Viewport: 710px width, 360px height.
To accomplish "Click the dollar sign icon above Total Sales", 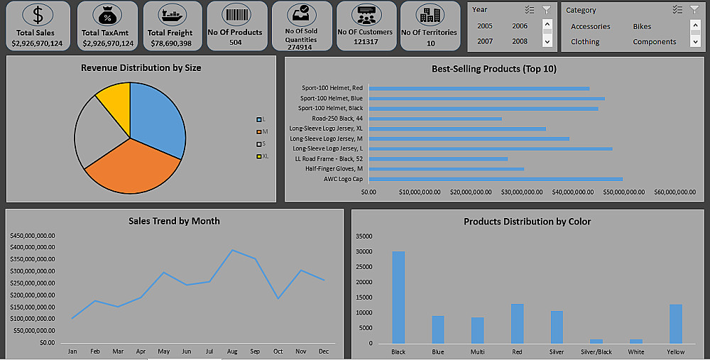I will coord(38,15).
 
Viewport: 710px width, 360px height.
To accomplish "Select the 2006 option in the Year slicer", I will coord(520,26).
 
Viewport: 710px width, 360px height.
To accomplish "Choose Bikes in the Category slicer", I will coord(643,26).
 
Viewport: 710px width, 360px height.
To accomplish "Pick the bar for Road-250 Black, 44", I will coord(435,119).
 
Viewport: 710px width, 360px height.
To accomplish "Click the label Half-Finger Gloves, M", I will coord(334,169).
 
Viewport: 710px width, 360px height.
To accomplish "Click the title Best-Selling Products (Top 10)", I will coord(493,69).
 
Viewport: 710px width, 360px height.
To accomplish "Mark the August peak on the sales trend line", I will coord(231,250).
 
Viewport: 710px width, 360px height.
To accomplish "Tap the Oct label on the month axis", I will coord(278,351).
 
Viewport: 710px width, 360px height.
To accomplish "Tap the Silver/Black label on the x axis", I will coord(596,351).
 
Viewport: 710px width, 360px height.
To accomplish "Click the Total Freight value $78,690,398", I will coord(170,43).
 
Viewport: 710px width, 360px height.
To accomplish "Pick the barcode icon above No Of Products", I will coord(235,14).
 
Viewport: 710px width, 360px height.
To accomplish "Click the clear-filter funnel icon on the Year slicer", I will coord(546,9).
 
